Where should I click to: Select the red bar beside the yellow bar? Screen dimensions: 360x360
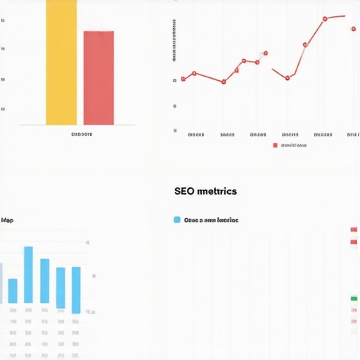98,77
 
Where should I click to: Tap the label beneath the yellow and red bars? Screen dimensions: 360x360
82,134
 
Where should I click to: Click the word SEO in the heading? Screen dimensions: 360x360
184,191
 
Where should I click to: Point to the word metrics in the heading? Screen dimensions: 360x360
217,191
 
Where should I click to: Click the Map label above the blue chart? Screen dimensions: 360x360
7,220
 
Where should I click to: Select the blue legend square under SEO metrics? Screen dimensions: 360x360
176,220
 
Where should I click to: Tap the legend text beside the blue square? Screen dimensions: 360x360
211,220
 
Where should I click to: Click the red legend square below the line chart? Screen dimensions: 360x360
275,146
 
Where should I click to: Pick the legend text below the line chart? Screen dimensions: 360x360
294,146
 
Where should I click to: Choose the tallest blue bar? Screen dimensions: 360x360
28,274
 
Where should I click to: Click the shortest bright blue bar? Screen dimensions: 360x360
13,290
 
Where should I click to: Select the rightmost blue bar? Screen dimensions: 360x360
76,289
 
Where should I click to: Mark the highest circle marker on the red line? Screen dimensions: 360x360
325,19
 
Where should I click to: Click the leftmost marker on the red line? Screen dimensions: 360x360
183,79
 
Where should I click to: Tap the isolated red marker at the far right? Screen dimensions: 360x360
353,29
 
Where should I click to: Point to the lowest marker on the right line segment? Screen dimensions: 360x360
288,78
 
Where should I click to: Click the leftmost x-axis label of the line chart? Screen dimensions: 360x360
196,134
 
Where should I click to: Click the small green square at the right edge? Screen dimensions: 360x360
354,298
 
